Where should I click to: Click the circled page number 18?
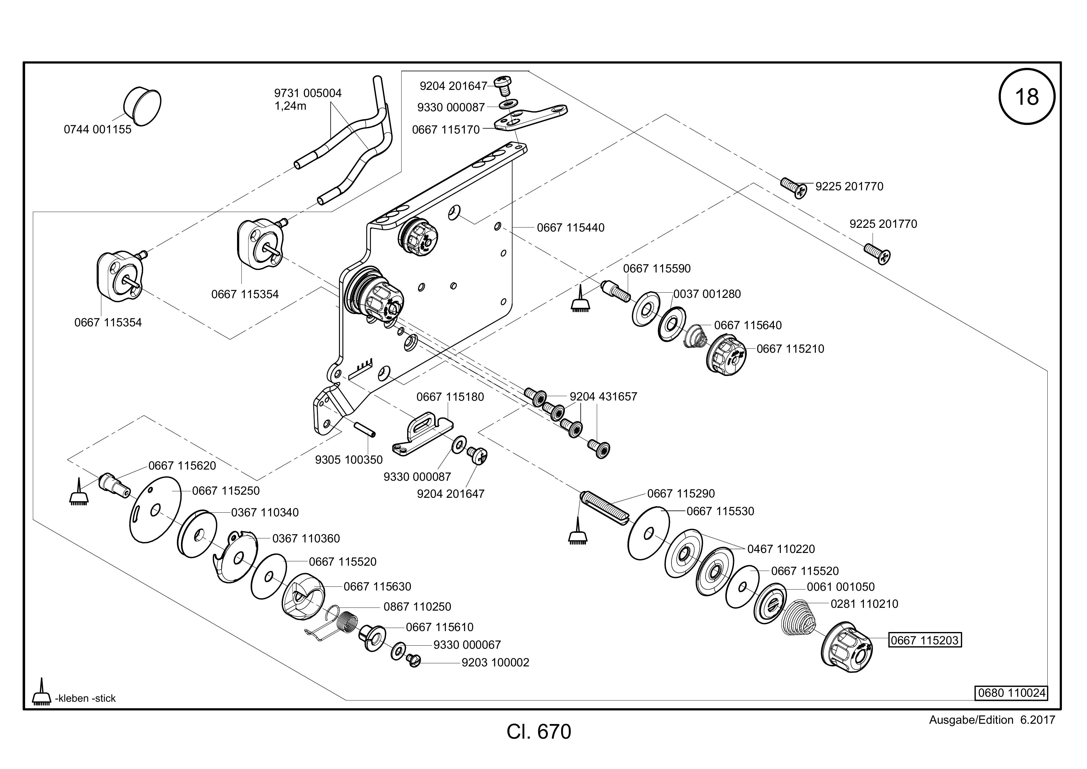click(x=1027, y=97)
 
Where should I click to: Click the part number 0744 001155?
click(x=98, y=129)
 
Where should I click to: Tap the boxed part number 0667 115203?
click(x=925, y=640)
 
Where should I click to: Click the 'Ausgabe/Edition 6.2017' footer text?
click(x=992, y=720)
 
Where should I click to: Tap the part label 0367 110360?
click(x=306, y=538)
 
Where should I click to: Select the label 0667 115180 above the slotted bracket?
click(x=450, y=397)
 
